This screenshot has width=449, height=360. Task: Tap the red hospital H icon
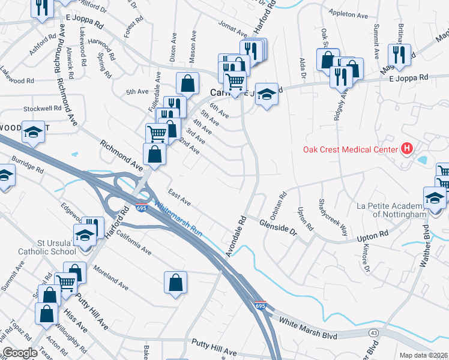(x=407, y=149)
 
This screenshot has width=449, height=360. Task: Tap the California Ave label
(x=134, y=241)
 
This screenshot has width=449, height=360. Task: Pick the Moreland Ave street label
(x=110, y=278)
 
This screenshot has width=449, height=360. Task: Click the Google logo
(x=19, y=353)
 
